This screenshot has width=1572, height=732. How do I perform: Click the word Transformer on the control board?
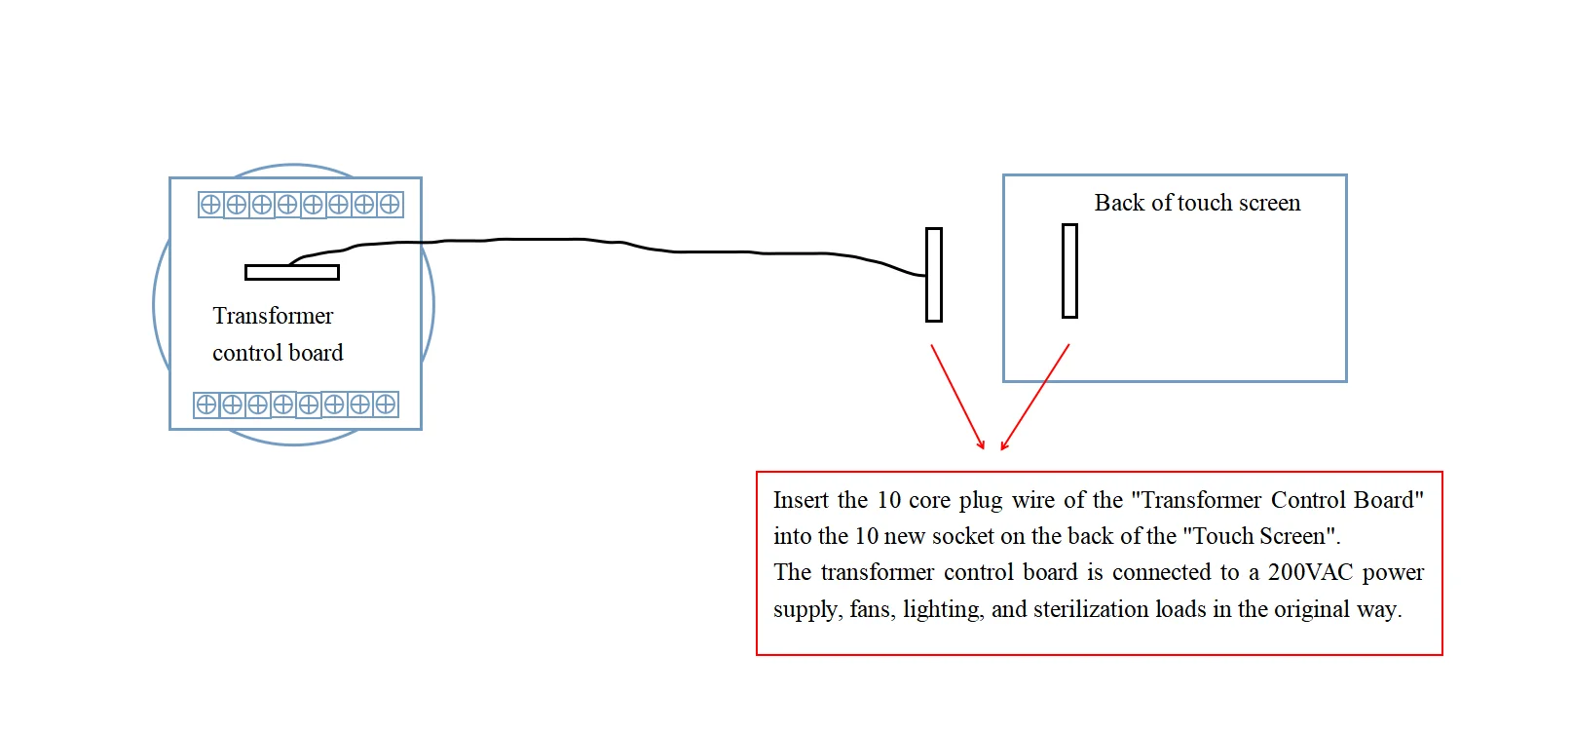pyautogui.click(x=273, y=316)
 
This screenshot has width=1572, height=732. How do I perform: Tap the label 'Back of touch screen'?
pyautogui.click(x=1197, y=203)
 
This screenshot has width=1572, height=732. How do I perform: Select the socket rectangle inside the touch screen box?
pyautogui.click(x=1069, y=271)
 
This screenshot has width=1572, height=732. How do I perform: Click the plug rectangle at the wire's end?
pyautogui.click(x=934, y=275)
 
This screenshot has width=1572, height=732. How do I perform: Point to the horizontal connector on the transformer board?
pyautogui.click(x=292, y=272)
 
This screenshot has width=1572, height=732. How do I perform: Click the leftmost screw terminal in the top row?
pyautogui.click(x=210, y=205)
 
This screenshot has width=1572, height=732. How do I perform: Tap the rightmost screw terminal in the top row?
pyautogui.click(x=390, y=205)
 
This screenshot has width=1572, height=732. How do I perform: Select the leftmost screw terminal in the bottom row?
pyautogui.click(x=206, y=405)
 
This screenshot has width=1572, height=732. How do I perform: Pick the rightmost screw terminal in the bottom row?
pyautogui.click(x=386, y=405)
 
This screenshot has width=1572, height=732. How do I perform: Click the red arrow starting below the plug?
pyautogui.click(x=957, y=396)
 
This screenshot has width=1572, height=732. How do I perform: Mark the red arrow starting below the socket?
pyautogui.click(x=1035, y=396)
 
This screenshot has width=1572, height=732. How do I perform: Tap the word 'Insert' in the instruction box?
pyautogui.click(x=800, y=500)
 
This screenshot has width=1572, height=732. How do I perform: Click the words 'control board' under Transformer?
pyautogui.click(x=278, y=353)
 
